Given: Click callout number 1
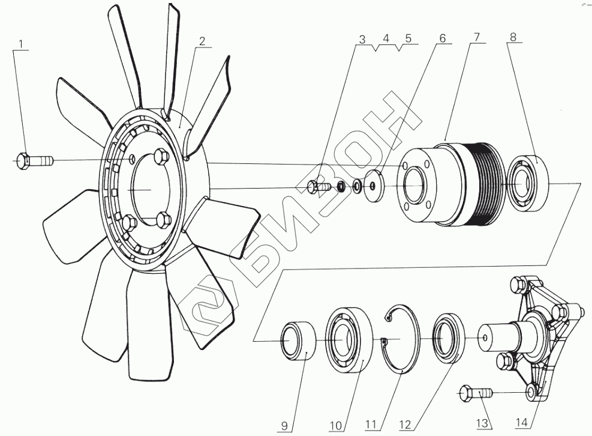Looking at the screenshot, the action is [x=22, y=43].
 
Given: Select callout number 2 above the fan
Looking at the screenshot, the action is [x=202, y=41].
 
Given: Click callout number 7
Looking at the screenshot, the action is [x=476, y=37].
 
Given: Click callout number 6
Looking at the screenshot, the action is [x=443, y=37].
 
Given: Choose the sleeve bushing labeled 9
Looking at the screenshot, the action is [x=300, y=341].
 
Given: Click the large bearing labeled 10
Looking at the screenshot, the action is [x=350, y=341].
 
